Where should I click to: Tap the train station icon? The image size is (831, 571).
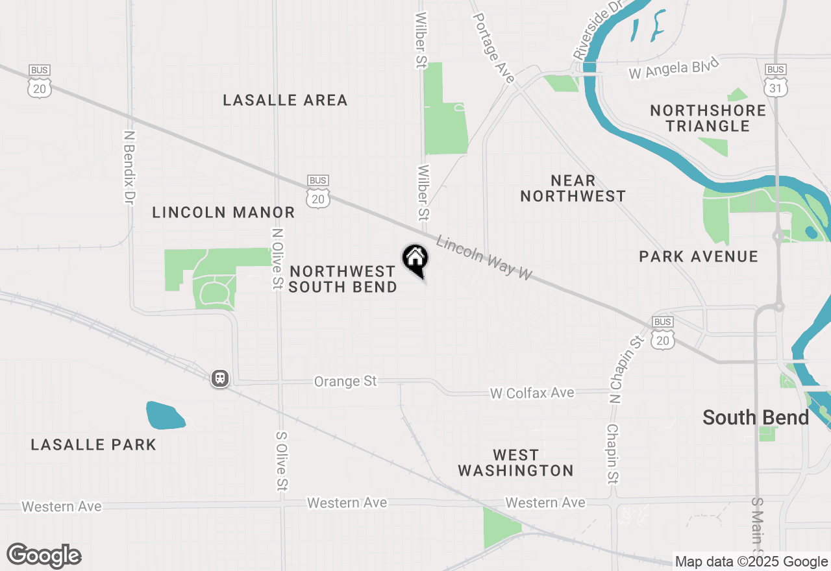tap(220, 378)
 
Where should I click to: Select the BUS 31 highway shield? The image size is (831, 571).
tap(776, 80)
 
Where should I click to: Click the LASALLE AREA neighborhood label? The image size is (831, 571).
tap(285, 100)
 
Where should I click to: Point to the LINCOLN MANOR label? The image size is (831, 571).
tap(223, 212)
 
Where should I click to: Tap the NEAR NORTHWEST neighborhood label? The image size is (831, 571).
tap(573, 188)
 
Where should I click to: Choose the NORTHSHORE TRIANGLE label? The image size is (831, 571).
tap(708, 118)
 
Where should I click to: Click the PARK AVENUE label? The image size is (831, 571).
tap(699, 256)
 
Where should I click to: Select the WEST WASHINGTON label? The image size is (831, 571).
tap(515, 463)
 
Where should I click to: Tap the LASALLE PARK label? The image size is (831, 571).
tap(93, 444)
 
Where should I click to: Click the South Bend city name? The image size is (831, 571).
tap(756, 417)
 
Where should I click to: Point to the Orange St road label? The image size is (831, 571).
tap(345, 381)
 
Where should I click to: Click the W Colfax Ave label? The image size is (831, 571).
tap(532, 393)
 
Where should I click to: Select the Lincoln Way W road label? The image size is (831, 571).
tap(484, 258)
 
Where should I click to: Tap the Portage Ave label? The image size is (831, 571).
tap(493, 49)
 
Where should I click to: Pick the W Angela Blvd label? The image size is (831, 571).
tap(674, 69)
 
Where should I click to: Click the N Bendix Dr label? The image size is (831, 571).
tap(130, 167)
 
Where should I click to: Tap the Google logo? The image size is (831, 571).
tap(44, 555)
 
